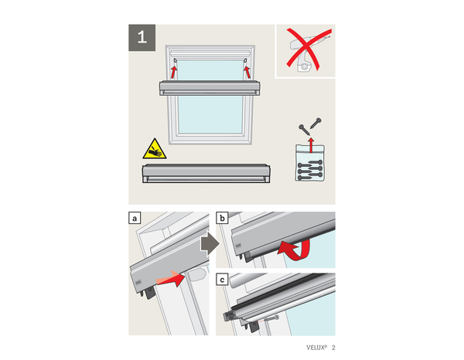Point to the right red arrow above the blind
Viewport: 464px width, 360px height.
tap(248, 70)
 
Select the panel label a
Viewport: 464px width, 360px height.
tap(136, 219)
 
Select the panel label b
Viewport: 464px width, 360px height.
tap(223, 219)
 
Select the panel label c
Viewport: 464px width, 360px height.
tap(223, 280)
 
